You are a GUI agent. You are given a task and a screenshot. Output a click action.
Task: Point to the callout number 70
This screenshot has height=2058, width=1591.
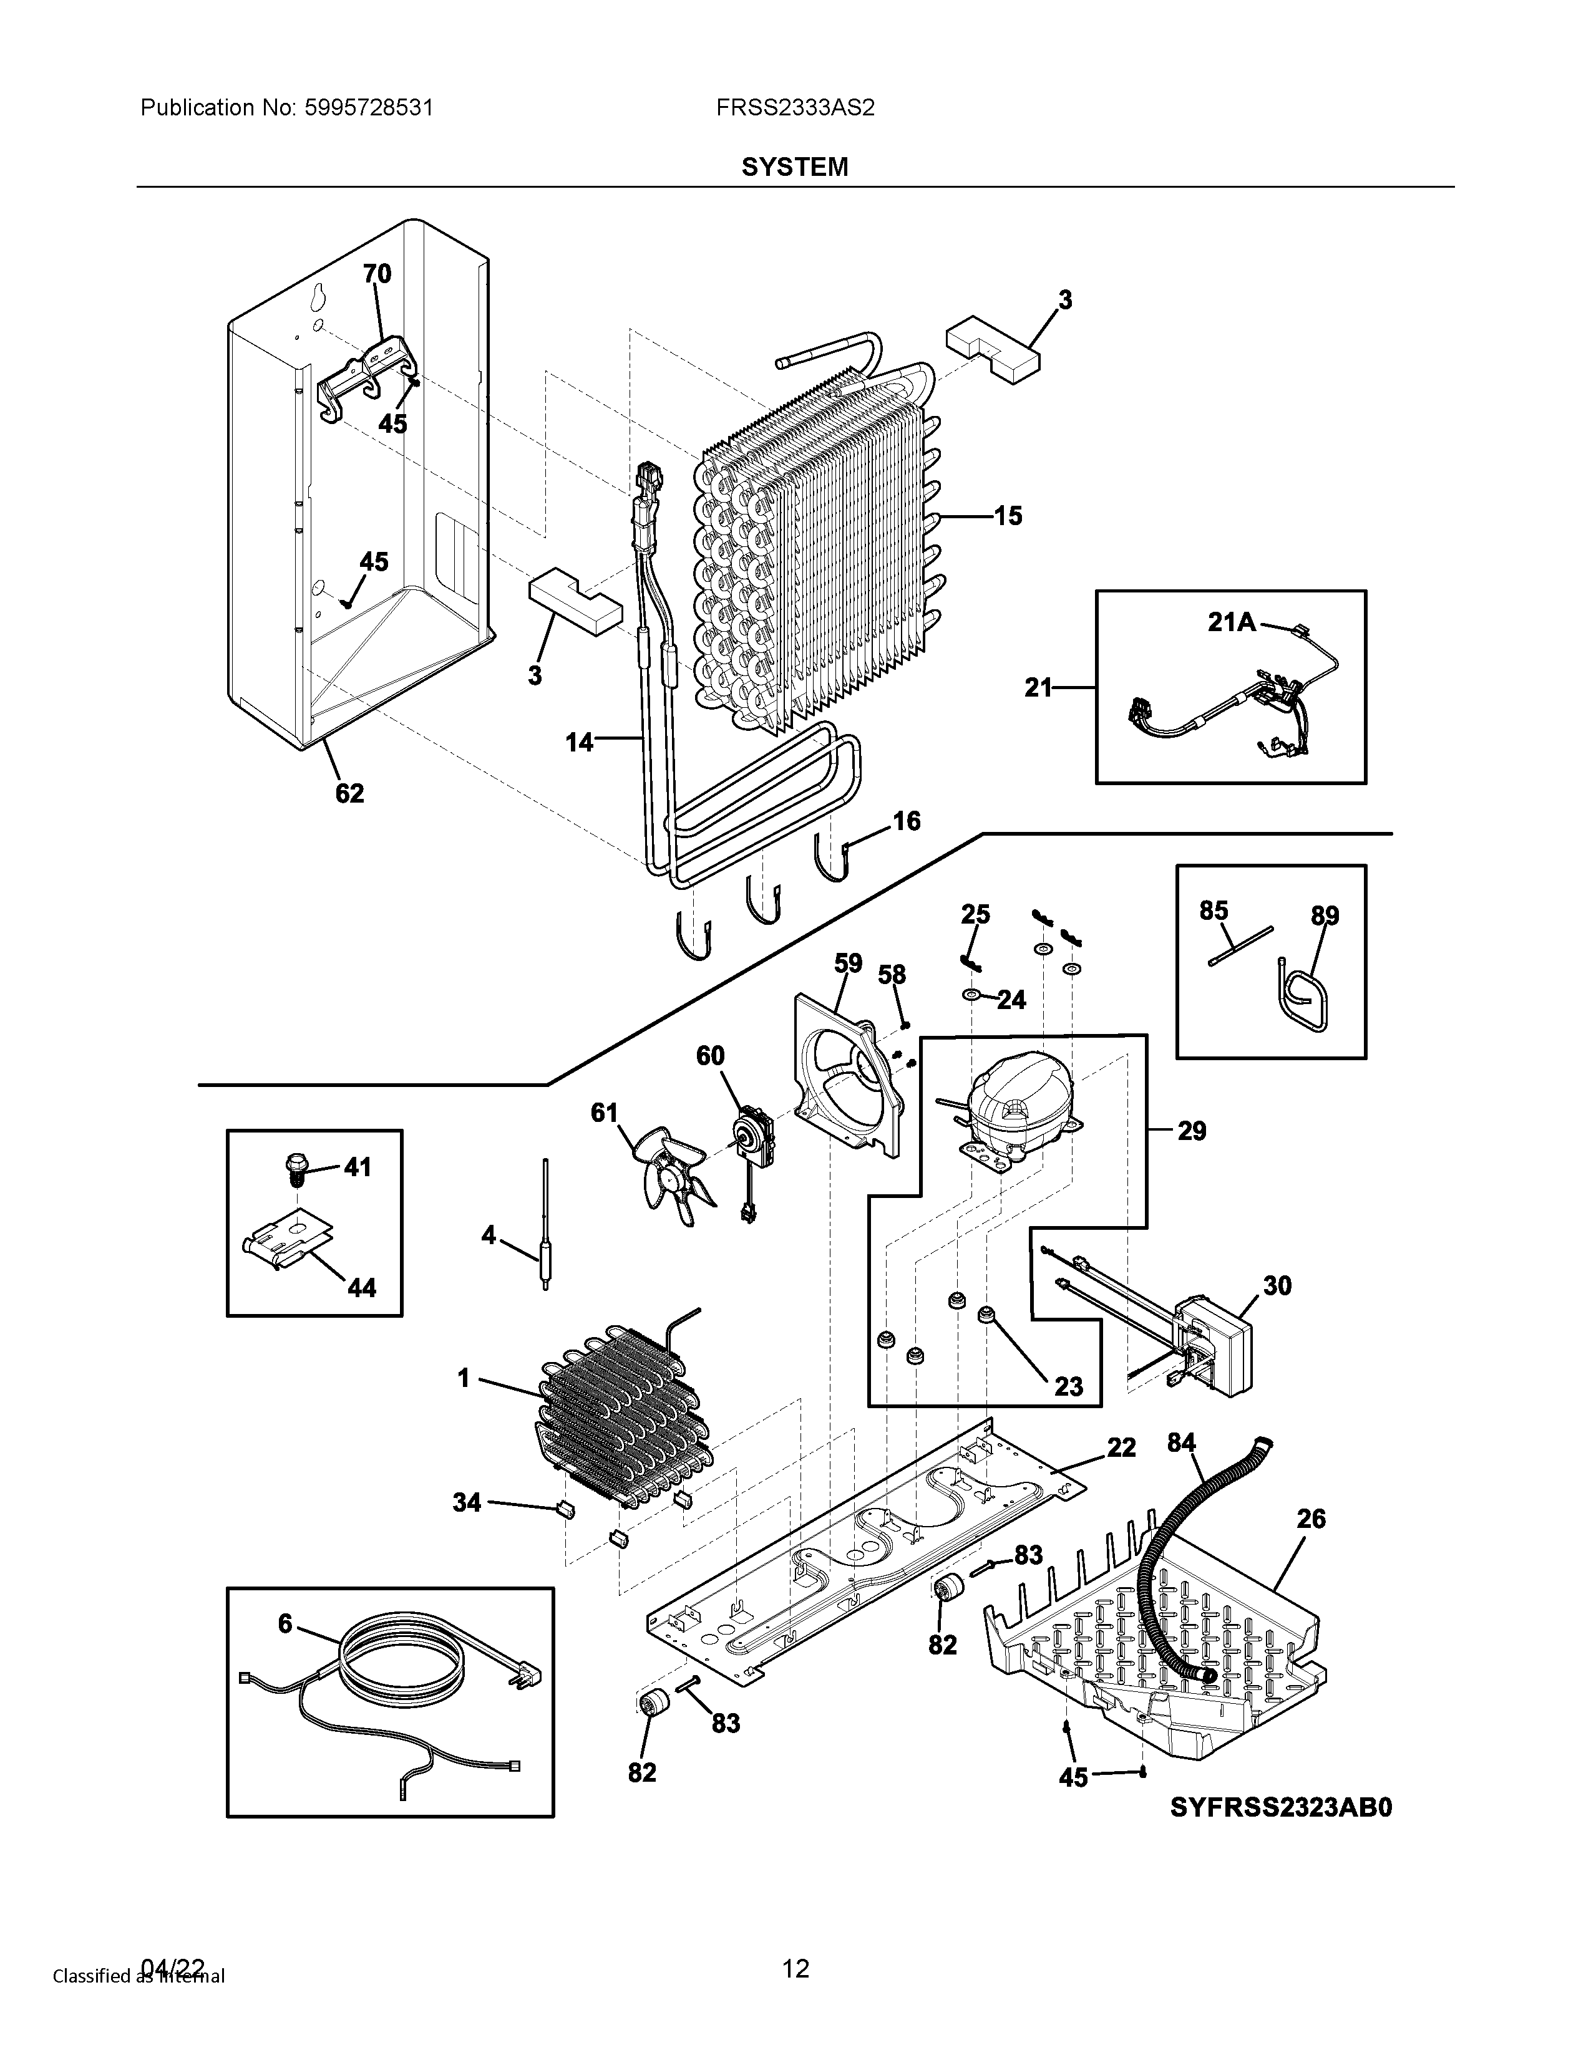(377, 273)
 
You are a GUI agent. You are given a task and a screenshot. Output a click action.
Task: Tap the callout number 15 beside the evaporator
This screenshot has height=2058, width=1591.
(1008, 516)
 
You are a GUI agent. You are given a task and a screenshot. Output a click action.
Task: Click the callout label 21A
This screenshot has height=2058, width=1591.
(1232, 622)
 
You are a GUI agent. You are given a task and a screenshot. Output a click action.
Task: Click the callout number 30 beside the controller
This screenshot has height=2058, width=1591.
(1277, 1285)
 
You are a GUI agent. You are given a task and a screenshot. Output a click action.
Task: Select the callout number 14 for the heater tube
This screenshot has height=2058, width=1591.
(580, 743)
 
